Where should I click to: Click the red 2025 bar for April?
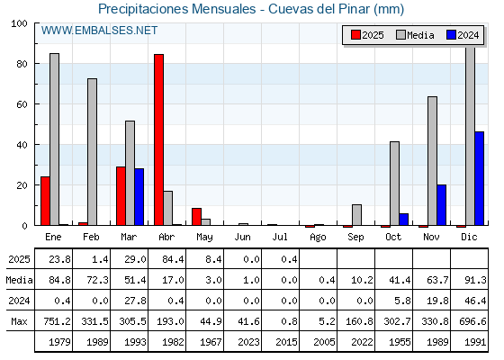(x=158, y=139)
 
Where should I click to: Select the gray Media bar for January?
(x=54, y=139)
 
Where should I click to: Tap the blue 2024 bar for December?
(x=479, y=178)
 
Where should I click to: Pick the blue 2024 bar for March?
(x=139, y=197)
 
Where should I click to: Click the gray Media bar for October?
(x=394, y=184)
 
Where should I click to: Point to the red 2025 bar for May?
(x=197, y=217)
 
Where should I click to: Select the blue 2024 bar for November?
(x=441, y=205)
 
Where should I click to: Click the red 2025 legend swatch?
(x=355, y=35)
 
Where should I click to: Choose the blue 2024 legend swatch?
(x=451, y=35)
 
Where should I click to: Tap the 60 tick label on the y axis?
(x=22, y=104)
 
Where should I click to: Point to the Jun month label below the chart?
(x=242, y=237)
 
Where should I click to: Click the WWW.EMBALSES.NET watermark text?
(x=99, y=31)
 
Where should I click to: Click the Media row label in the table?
(x=19, y=280)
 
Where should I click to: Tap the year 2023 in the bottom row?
(x=248, y=342)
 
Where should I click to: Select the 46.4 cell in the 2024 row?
(x=475, y=301)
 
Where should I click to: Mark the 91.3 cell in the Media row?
(x=475, y=280)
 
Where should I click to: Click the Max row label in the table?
(x=19, y=321)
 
